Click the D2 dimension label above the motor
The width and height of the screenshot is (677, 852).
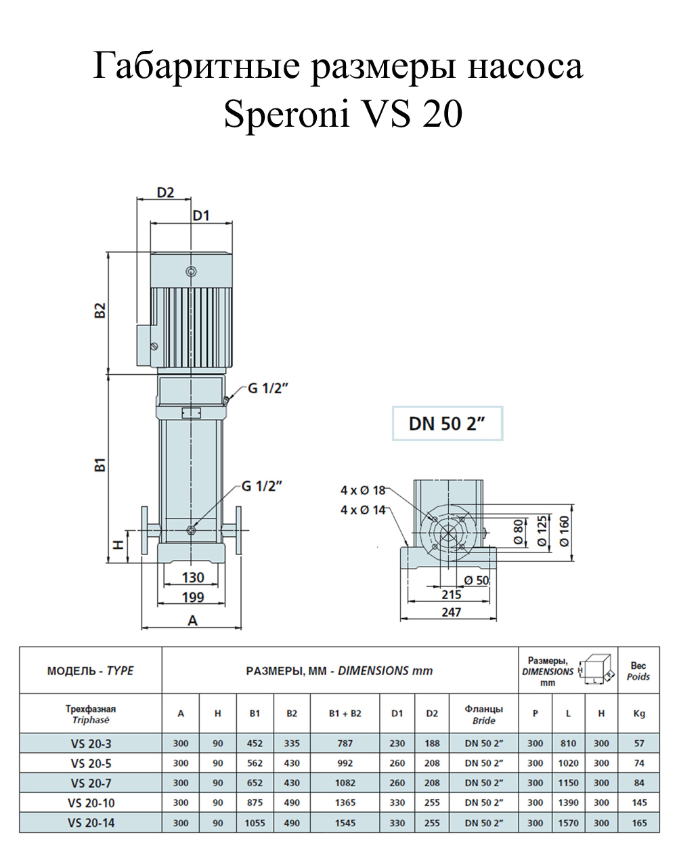pyautogui.click(x=165, y=192)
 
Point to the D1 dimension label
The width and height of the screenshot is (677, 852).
pyautogui.click(x=201, y=216)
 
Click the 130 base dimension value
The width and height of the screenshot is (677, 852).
pyautogui.click(x=193, y=577)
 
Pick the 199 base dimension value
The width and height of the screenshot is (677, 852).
pyautogui.click(x=193, y=597)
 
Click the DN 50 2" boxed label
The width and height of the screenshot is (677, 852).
pyautogui.click(x=447, y=424)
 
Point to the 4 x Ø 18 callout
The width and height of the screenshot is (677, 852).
pyautogui.click(x=363, y=491)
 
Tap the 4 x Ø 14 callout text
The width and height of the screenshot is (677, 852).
pyautogui.click(x=363, y=510)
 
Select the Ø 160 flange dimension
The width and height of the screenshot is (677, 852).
pyautogui.click(x=565, y=531)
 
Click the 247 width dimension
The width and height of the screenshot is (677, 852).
pyautogui.click(x=451, y=613)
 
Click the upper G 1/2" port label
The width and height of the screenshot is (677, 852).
pyautogui.click(x=267, y=388)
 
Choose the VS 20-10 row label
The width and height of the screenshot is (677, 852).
pyautogui.click(x=91, y=803)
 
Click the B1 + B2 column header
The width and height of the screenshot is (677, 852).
pyautogui.click(x=345, y=714)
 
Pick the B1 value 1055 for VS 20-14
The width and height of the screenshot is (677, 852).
pyautogui.click(x=255, y=823)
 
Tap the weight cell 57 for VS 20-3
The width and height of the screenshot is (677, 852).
pyautogui.click(x=639, y=744)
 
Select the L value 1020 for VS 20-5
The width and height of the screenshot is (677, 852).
pyautogui.click(x=568, y=763)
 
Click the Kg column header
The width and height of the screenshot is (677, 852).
pyautogui.click(x=639, y=714)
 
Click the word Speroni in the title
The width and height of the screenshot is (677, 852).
pyautogui.click(x=286, y=115)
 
